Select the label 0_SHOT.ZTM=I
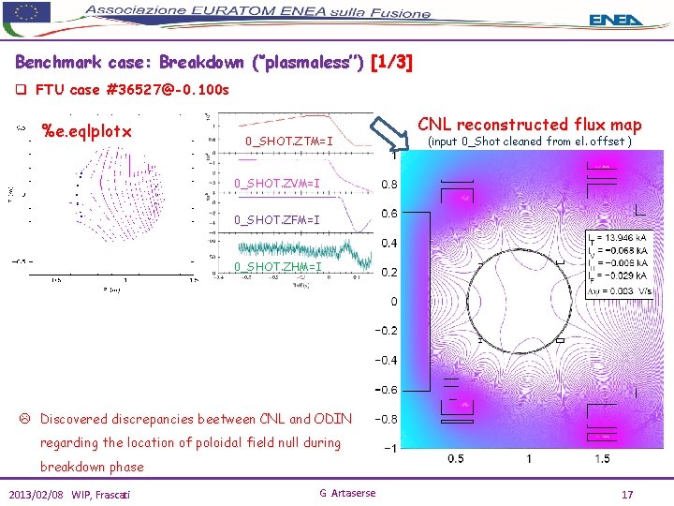288,142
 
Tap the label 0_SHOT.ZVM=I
277,183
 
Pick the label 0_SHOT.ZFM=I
277,220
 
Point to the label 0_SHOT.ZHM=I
277,267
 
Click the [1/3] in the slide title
391,64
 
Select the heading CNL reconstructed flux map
529,124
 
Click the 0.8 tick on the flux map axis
388,185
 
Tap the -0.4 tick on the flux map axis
385,360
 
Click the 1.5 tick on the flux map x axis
601,458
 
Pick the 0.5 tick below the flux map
455,458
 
